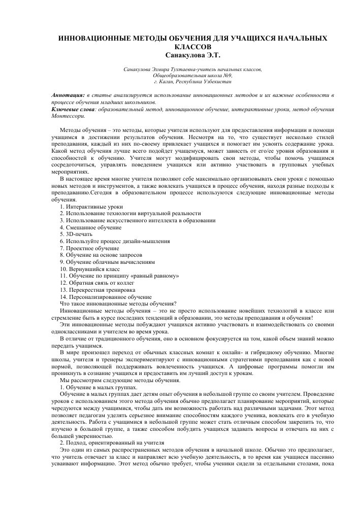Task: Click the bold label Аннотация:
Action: [68, 95]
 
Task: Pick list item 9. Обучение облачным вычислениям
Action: [107, 262]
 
